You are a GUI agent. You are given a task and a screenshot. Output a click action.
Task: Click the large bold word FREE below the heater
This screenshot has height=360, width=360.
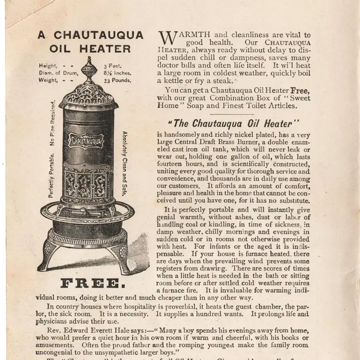click(x=88, y=283)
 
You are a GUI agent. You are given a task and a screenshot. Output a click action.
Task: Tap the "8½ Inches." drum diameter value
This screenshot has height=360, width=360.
click(x=117, y=73)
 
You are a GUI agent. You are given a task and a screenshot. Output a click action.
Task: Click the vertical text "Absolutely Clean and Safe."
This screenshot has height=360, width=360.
click(x=125, y=164)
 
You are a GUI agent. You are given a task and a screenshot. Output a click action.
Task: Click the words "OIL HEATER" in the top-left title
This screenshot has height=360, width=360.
click(x=90, y=49)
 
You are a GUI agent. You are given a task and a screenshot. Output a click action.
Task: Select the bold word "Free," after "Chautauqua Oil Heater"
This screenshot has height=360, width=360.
click(x=300, y=90)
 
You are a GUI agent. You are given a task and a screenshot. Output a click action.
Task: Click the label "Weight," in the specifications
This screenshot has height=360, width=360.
click(x=48, y=80)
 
